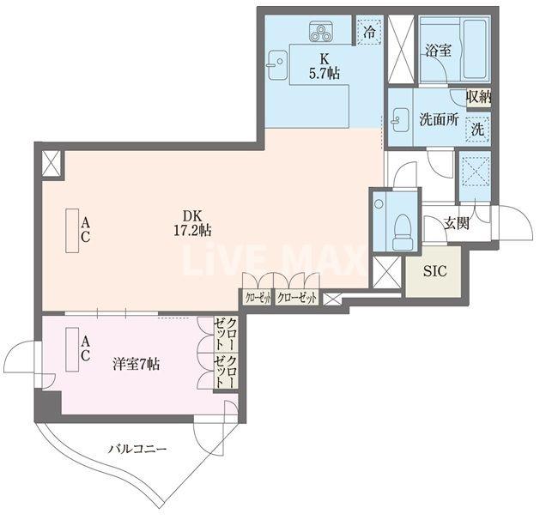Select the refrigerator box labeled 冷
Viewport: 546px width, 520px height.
369,33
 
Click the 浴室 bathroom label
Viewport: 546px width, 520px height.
438,51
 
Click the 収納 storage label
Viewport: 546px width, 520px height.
479,98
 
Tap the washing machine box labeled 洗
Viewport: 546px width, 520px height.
477,130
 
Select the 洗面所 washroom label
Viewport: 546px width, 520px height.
438,121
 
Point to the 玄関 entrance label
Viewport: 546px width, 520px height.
456,224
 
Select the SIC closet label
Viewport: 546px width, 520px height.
437,274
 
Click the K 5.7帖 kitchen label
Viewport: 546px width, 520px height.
325,66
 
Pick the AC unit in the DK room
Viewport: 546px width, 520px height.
74,230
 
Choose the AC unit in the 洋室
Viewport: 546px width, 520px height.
74,350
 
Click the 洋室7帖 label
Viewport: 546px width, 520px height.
136,363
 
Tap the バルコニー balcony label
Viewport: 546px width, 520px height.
136,449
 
